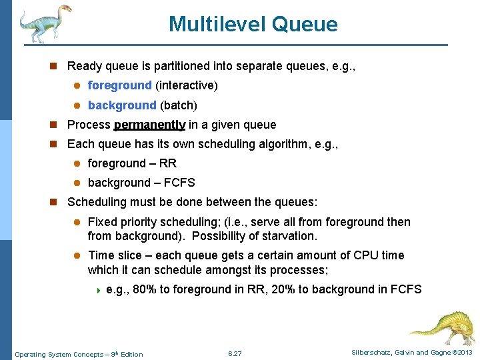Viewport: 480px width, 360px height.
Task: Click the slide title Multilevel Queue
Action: tap(253, 25)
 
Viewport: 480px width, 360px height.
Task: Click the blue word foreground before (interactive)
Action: tap(119, 85)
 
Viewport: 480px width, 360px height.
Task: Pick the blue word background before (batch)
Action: tap(121, 105)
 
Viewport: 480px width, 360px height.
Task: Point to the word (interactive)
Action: tap(187, 85)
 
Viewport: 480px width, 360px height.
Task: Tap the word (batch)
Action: tap(179, 105)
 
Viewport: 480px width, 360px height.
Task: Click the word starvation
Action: tap(291, 236)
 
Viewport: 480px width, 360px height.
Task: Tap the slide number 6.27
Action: tap(235, 353)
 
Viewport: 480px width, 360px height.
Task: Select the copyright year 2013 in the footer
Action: tap(464, 353)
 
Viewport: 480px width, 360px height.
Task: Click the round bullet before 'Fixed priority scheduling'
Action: tap(77, 222)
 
